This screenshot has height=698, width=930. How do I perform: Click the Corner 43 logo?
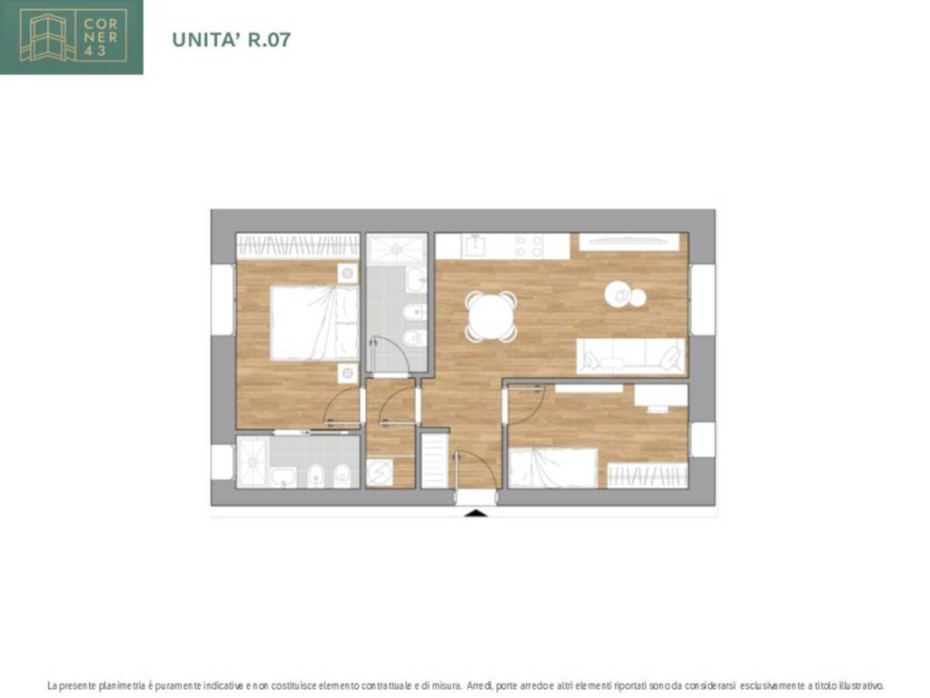tap(71, 36)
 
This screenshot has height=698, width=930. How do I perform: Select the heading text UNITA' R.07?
tap(232, 40)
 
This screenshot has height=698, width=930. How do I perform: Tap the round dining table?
tap(490, 316)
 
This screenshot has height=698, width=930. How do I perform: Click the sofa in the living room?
tap(631, 356)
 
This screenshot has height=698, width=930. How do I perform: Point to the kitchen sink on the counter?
tap(474, 245)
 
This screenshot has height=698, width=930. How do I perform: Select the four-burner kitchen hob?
tap(529, 246)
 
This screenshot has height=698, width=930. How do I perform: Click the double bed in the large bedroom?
tap(314, 323)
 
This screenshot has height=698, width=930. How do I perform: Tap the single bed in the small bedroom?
tap(553, 468)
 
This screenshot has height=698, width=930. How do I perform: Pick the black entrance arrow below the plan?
tap(475, 513)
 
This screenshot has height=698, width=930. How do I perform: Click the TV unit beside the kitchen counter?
tap(628, 242)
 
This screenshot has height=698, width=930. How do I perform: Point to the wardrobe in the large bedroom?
tap(298, 245)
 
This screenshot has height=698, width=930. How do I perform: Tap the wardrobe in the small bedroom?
tap(648, 474)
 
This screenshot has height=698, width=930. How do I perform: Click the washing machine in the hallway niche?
tap(379, 473)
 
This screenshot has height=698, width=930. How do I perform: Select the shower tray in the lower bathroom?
tap(253, 461)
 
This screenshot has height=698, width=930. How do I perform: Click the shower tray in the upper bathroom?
tap(396, 249)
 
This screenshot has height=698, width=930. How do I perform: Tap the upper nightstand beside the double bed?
tap(348, 273)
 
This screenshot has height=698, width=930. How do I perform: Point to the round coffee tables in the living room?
tap(625, 295)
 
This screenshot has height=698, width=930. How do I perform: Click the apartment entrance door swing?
tap(476, 469)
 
